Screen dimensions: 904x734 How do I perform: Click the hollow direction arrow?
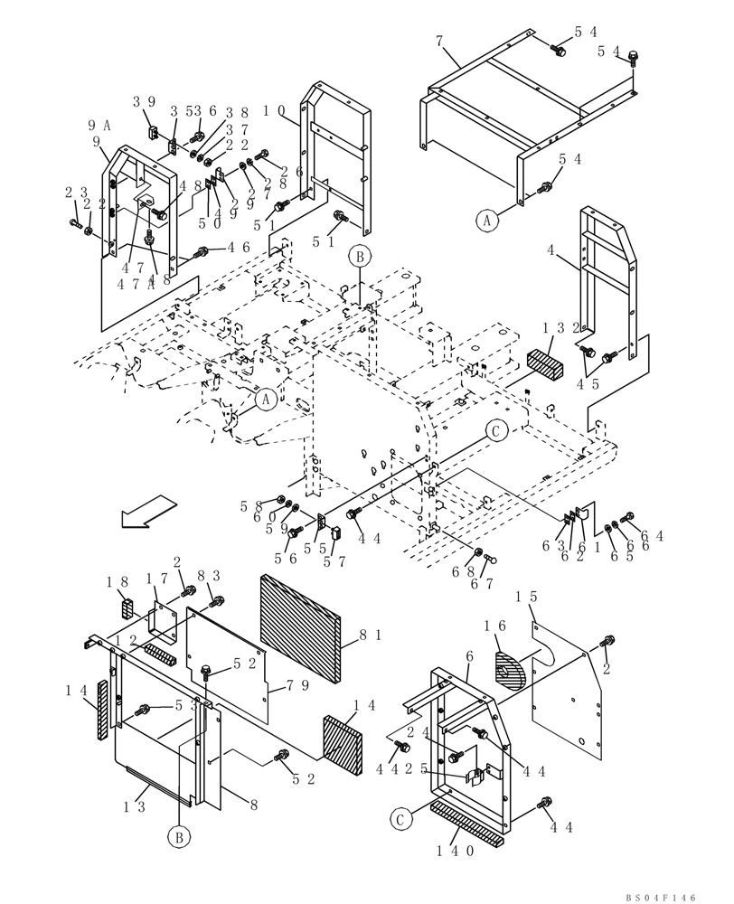pyautogui.click(x=148, y=511)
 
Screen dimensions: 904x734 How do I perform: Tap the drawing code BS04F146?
pyautogui.click(x=661, y=897)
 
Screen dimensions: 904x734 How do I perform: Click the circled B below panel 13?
pyautogui.click(x=179, y=837)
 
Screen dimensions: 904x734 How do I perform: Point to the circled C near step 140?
pyautogui.click(x=400, y=819)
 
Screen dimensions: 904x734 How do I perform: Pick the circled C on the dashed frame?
pyautogui.click(x=495, y=431)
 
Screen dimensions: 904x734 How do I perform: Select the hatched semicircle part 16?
pyautogui.click(x=511, y=672)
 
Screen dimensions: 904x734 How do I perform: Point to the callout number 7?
pyautogui.click(x=439, y=42)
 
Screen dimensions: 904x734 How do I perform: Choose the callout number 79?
pyautogui.click(x=297, y=685)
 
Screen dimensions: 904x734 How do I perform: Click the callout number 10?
pyautogui.click(x=274, y=110)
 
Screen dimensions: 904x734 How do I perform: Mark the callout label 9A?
pyautogui.click(x=99, y=126)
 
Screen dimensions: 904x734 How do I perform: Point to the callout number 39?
pyautogui.click(x=144, y=101)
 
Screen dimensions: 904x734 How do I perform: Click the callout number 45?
pyautogui.click(x=615, y=384)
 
